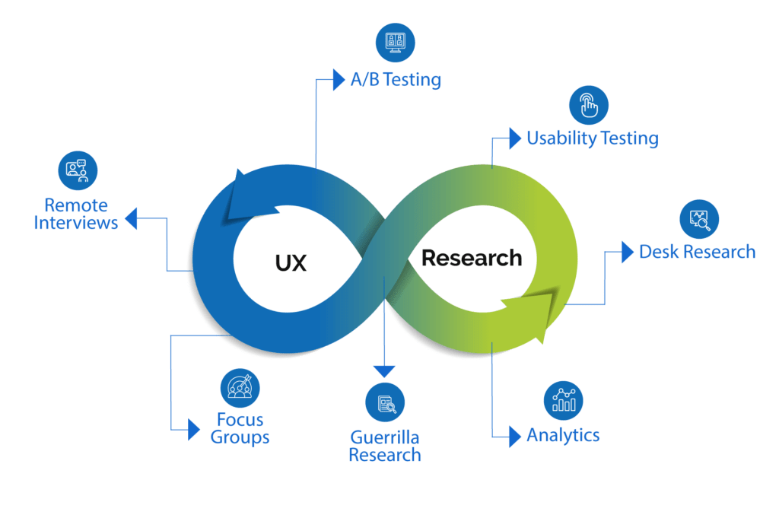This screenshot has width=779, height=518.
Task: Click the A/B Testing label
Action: [x=396, y=80]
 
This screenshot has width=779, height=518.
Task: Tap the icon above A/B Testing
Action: [x=396, y=42]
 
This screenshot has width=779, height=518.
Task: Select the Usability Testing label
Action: [x=593, y=138]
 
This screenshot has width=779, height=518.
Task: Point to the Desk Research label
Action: [x=698, y=251]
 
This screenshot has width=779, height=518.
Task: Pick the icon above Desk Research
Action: [x=699, y=219]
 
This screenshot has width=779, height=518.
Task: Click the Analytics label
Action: [x=564, y=436]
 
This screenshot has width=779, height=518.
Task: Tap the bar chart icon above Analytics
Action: [x=564, y=401]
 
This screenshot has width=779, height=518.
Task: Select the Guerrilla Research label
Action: [x=385, y=446]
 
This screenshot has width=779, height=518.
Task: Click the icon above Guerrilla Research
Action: [x=386, y=403]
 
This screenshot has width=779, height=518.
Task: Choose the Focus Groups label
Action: [x=240, y=429]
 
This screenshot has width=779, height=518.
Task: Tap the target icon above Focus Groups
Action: [x=240, y=388]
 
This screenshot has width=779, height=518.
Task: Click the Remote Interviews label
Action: [x=76, y=214]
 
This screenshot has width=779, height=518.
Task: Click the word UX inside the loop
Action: [x=291, y=263]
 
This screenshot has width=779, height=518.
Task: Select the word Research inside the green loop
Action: [x=472, y=258]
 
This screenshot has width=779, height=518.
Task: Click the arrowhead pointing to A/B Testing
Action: [x=339, y=80]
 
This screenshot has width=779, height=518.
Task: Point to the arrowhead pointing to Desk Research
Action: [x=627, y=252]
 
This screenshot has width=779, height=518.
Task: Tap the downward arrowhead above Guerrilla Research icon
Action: [x=385, y=370]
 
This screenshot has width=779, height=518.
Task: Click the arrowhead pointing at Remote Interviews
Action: [x=131, y=220]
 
